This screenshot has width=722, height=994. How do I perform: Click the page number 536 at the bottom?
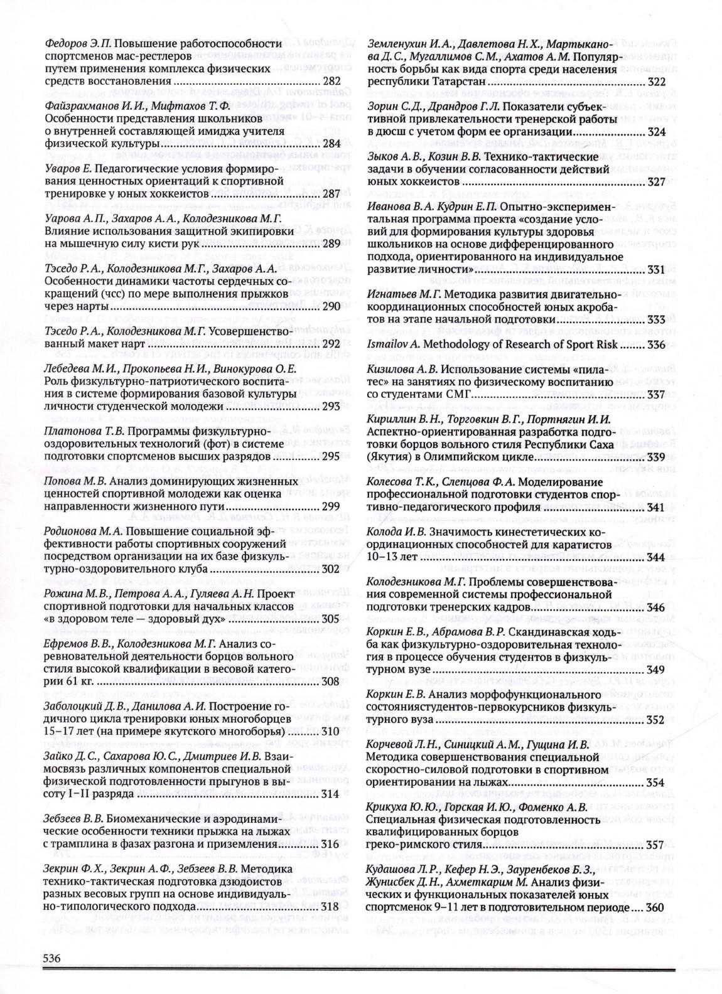51,958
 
